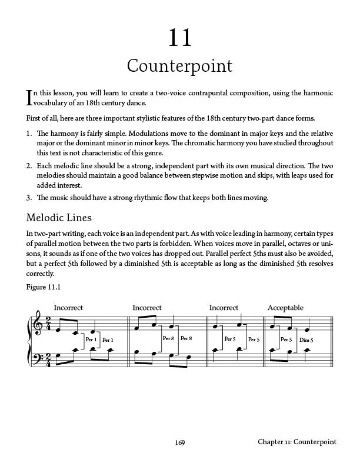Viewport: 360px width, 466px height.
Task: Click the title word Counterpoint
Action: coord(180,66)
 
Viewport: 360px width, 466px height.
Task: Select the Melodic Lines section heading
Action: coord(59,218)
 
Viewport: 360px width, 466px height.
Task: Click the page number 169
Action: coord(180,442)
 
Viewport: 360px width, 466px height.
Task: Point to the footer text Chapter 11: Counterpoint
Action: coord(296,442)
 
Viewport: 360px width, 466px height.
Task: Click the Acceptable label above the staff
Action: coord(285,308)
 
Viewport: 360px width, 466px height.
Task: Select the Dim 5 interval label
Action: coord(306,340)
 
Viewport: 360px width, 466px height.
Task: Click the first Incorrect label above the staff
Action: coord(68,308)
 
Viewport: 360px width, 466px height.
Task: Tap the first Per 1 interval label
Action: coord(91,339)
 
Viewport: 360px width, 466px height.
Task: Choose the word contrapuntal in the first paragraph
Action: coord(210,94)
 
